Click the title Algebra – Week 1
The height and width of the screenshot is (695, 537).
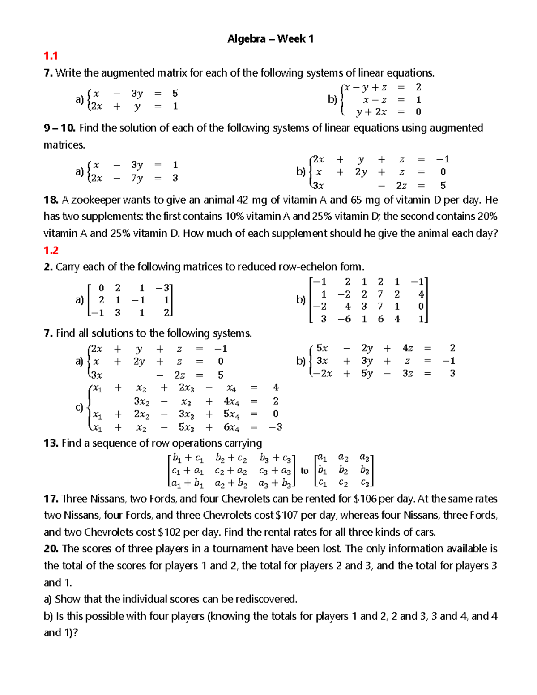270,39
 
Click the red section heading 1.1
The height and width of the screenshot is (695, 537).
51,56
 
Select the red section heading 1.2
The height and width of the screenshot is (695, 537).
51,250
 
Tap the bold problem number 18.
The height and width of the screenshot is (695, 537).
51,200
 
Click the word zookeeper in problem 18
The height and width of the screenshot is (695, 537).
95,200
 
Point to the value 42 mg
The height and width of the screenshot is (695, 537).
251,200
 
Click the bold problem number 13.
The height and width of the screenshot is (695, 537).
51,443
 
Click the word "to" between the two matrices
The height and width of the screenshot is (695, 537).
305,471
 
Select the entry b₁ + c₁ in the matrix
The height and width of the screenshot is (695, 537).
188,458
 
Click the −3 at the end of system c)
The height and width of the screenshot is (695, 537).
275,427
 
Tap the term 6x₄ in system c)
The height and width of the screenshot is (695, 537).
231,427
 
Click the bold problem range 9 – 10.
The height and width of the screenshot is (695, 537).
60,128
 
